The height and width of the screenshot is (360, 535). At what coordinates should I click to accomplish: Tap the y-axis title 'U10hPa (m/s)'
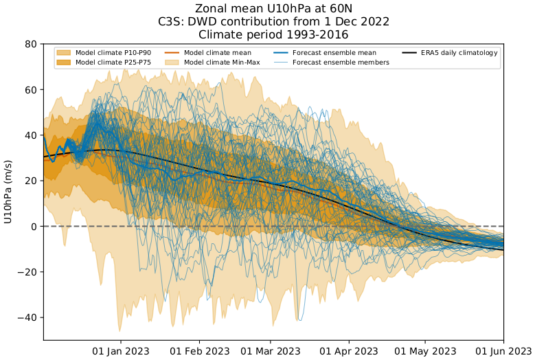(8, 192)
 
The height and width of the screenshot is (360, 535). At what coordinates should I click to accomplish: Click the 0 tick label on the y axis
(34, 226)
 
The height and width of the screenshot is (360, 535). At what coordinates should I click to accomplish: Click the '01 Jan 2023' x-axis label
(122, 350)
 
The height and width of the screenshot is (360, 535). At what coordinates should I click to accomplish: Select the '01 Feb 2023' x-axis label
(201, 350)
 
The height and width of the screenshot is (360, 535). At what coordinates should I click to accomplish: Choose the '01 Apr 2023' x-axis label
(350, 350)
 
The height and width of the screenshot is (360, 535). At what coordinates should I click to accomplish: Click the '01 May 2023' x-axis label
(425, 350)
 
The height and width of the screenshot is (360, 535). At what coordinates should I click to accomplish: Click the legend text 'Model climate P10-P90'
(113, 53)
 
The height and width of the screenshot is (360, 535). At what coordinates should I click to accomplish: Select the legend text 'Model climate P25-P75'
(113, 63)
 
